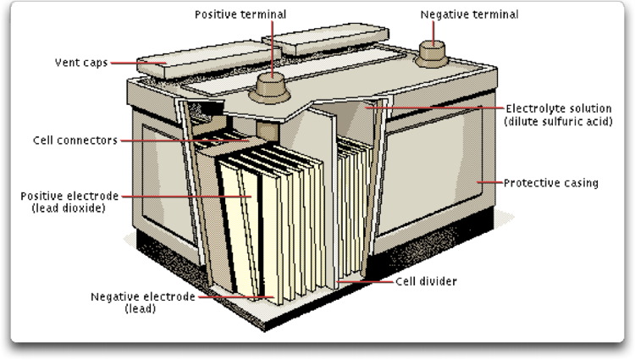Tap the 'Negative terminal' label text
tap(469, 14)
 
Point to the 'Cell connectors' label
tap(74, 140)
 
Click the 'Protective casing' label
tap(551, 182)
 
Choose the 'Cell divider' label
tap(427, 280)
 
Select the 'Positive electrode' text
tap(70, 196)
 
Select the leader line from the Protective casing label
tap(489, 182)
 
